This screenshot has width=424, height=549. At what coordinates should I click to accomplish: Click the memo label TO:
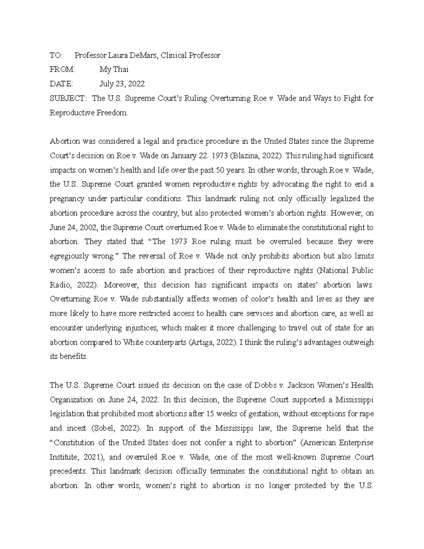(x=56, y=56)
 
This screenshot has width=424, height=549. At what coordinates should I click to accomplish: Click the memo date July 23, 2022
(x=122, y=84)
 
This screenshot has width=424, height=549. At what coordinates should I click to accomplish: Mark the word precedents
(x=68, y=471)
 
